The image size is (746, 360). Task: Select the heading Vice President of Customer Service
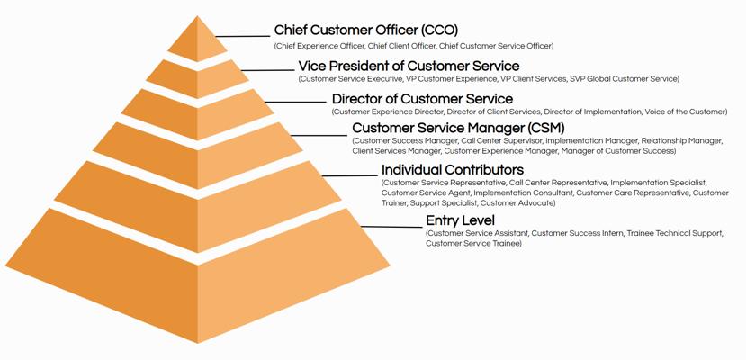pyautogui.click(x=409, y=67)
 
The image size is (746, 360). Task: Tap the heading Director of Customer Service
pyautogui.click(x=422, y=99)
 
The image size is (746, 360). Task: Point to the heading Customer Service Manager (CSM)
pyautogui.click(x=458, y=128)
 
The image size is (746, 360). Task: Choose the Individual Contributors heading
pyautogui.click(x=453, y=170)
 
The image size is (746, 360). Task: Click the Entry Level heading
pyautogui.click(x=460, y=220)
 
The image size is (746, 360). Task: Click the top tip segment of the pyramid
pyautogui.click(x=198, y=41)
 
